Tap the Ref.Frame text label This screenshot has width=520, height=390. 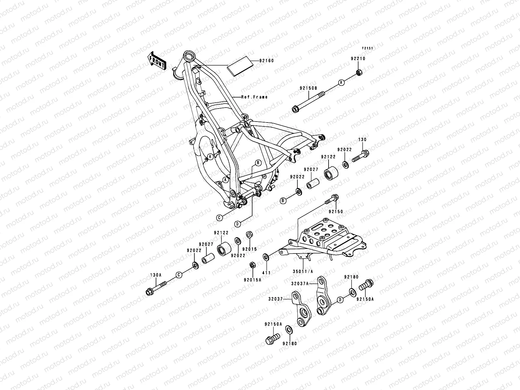point(254,97)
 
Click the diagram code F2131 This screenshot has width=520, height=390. point(368,48)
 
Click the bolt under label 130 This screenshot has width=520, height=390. point(359,156)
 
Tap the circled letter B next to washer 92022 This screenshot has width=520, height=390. point(283,201)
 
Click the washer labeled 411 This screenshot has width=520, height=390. point(266,258)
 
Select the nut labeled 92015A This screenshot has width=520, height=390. point(252,265)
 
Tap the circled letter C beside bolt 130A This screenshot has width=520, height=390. point(178,275)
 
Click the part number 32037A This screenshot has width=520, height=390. point(299,283)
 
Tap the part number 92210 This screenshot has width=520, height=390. point(358,59)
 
